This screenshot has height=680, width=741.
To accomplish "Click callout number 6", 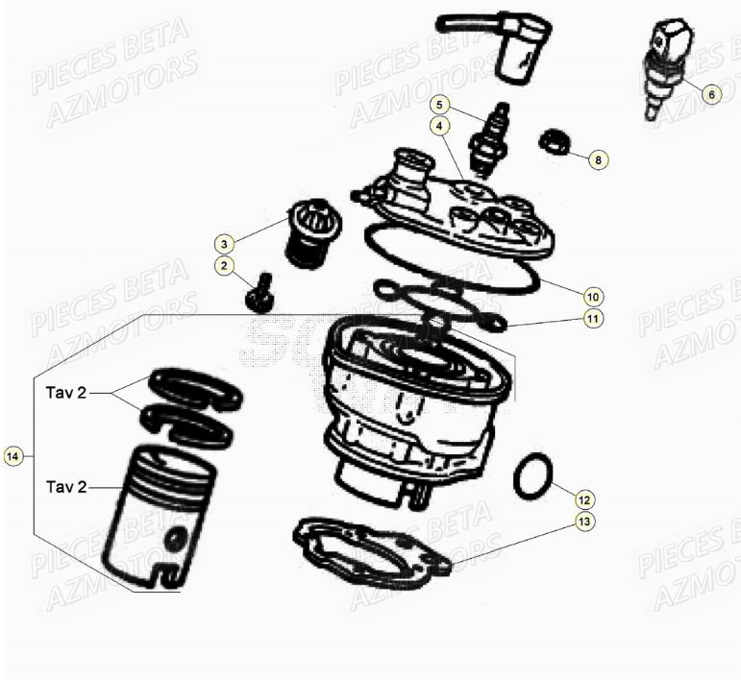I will click(x=710, y=94).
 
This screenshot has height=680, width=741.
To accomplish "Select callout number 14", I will click(x=13, y=457).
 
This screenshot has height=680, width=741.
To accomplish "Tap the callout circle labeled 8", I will click(x=598, y=159).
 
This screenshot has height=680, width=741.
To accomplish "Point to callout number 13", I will click(x=584, y=522).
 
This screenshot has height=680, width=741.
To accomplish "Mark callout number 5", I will click(x=439, y=104).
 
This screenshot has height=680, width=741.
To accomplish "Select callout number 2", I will click(x=222, y=265).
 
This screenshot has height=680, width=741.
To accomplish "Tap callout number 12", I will click(x=584, y=498).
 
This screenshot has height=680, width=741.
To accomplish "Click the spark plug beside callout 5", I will click(x=486, y=142).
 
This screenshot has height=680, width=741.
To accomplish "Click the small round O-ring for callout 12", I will click(x=532, y=477).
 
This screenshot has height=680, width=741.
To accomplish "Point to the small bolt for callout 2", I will click(x=259, y=293).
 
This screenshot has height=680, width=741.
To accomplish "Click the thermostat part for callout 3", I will click(x=309, y=236).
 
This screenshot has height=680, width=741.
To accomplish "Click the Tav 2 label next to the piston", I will click(x=65, y=487).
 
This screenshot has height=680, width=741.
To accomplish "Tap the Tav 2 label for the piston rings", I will click(x=65, y=393).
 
